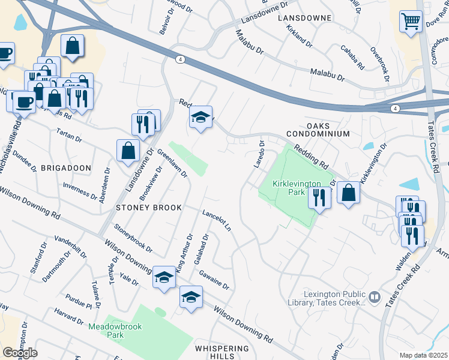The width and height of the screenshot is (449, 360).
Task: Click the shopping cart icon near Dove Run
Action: coord(411,22)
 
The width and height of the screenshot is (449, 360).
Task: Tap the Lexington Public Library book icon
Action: coord(374,296)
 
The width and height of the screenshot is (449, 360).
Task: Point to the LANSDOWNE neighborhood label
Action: coord(305,18)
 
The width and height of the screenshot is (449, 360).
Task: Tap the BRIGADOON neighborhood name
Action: coord(66,168)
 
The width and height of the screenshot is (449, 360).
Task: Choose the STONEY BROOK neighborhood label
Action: coord(149,208)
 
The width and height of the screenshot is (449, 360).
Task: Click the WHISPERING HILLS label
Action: coord(221,352)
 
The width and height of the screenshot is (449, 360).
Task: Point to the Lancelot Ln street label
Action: coord(217,221)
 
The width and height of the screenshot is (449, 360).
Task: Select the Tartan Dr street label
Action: coord(68,135)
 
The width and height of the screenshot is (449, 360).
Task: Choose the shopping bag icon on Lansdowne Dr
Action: coord(128,150)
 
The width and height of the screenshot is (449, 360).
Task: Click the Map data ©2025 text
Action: coord(424,355)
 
